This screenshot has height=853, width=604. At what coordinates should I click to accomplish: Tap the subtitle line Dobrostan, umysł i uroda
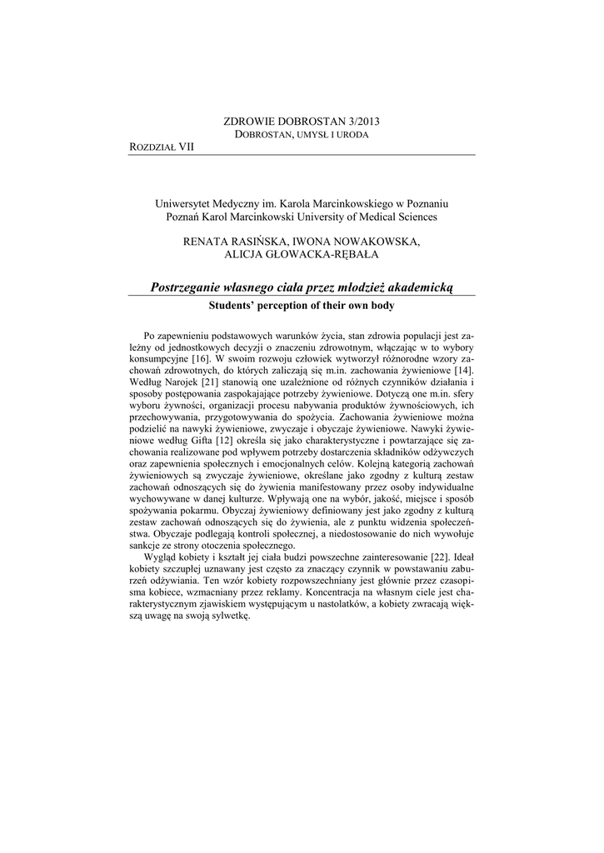coord(302,134)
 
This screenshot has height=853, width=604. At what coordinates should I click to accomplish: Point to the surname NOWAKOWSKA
coord(378,242)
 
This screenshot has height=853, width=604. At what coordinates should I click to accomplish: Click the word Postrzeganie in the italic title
coord(190,287)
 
